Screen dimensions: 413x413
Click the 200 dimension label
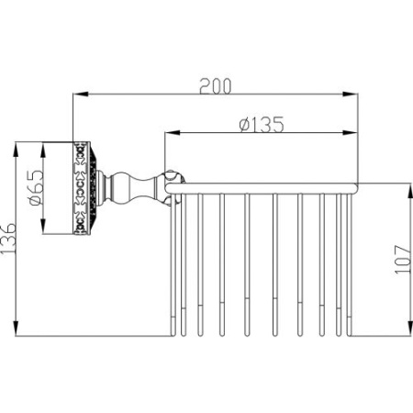(216, 86)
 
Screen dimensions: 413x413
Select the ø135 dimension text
(262, 124)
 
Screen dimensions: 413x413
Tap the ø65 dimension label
(37, 187)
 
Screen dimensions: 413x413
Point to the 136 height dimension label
(8, 238)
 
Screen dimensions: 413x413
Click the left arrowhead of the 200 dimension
(81, 95)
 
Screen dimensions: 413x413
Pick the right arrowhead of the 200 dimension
(350, 95)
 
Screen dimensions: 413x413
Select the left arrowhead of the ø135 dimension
(173, 132)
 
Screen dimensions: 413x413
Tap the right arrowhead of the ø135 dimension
(350, 132)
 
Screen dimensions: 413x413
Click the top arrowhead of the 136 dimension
(17, 150)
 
